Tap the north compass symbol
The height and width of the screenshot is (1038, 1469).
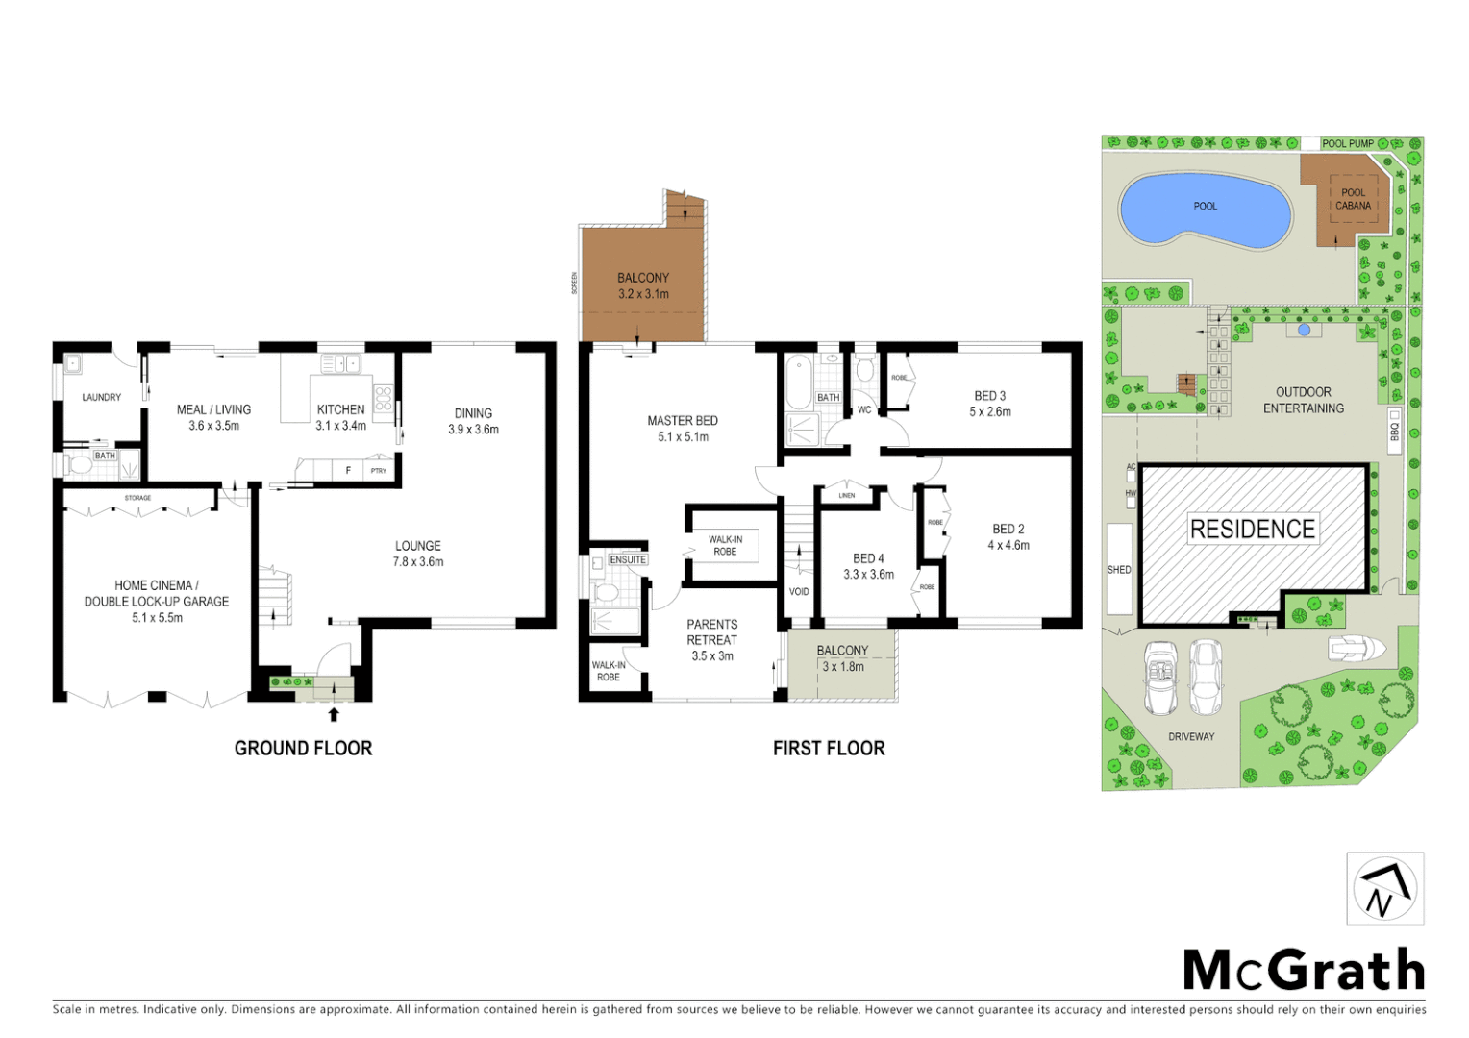coord(1384,889)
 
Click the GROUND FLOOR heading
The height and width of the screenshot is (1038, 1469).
coord(303,748)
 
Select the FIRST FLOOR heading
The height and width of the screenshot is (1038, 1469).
coord(829,748)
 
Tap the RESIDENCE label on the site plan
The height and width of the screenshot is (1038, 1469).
coord(1252,529)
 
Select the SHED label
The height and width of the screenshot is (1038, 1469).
coord(1119,570)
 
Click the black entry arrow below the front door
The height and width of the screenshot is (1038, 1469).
coord(334,714)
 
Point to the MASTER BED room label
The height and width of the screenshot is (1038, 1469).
coord(683,421)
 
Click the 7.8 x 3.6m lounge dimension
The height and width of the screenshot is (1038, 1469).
coord(418,562)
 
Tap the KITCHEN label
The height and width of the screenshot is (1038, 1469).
coord(341,409)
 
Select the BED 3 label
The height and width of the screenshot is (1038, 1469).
coord(989,396)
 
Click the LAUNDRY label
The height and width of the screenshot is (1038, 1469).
coord(101,397)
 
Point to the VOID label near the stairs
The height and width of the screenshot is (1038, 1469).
coord(799,591)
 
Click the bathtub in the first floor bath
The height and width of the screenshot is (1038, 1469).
coord(798,383)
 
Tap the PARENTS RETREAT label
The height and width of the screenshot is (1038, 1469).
coord(712,631)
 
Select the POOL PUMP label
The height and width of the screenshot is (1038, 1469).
coord(1347,143)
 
